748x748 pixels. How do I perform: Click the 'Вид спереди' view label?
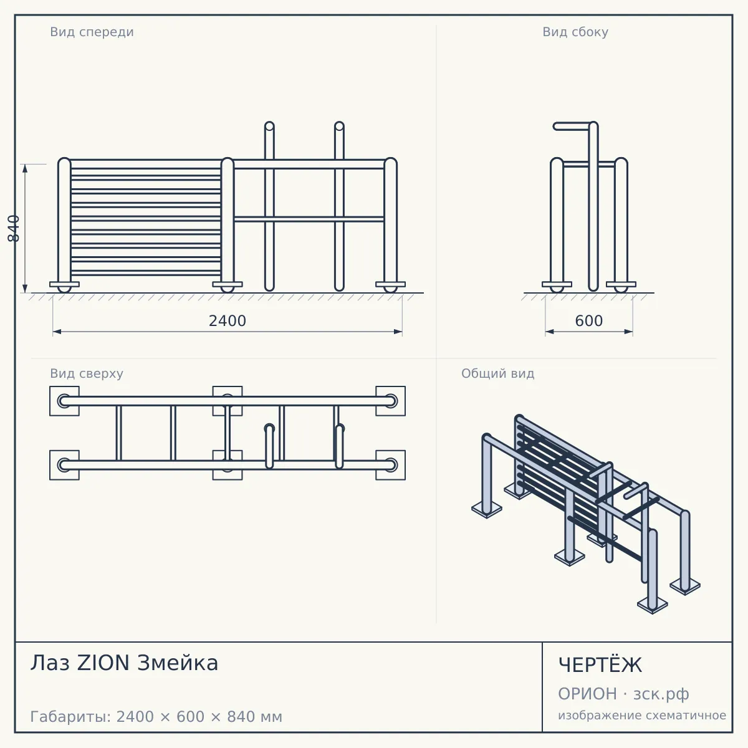tap(92, 32)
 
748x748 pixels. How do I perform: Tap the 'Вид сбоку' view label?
tap(575, 32)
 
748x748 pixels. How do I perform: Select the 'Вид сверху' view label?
tap(87, 373)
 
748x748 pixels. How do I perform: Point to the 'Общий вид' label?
tap(497, 373)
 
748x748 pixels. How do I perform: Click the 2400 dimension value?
tap(228, 321)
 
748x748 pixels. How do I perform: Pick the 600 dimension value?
tap(589, 321)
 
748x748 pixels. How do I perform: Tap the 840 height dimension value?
tap(14, 229)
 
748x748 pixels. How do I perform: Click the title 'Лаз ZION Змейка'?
tap(124, 663)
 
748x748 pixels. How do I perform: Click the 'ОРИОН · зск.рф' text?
tap(623, 694)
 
